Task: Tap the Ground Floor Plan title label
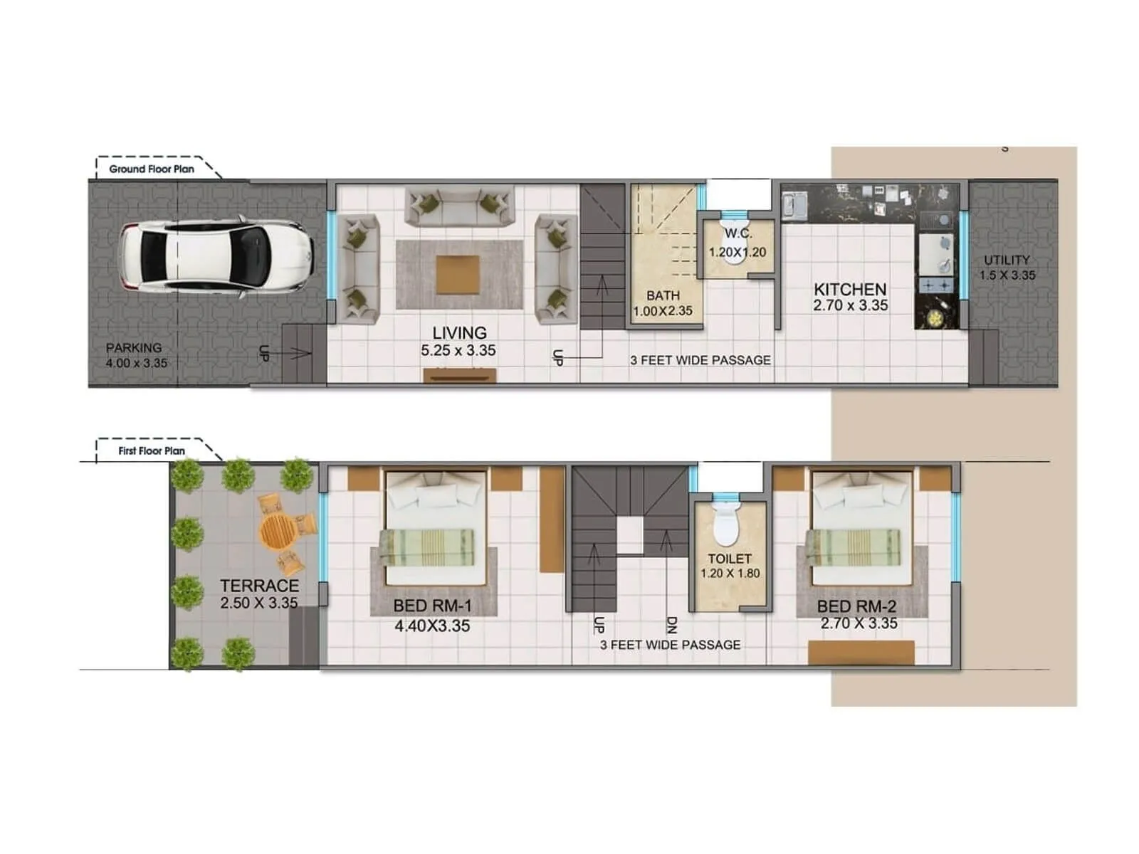pos(152,169)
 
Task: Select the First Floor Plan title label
pos(152,451)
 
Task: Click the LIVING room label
pos(459,333)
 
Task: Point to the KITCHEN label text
pos(850,290)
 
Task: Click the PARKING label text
pos(134,348)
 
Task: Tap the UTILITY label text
pos(1007,260)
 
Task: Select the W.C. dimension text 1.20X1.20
pos(738,252)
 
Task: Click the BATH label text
pos(663,295)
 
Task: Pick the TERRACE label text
pos(259,586)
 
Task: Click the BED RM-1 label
pos(432,606)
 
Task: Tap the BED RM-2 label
pos(856,606)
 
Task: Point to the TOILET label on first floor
pos(730,559)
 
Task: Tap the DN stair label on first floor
pos(671,626)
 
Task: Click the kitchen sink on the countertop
pos(792,206)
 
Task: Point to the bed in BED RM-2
pos(862,527)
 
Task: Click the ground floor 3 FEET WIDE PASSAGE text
pos(700,361)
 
